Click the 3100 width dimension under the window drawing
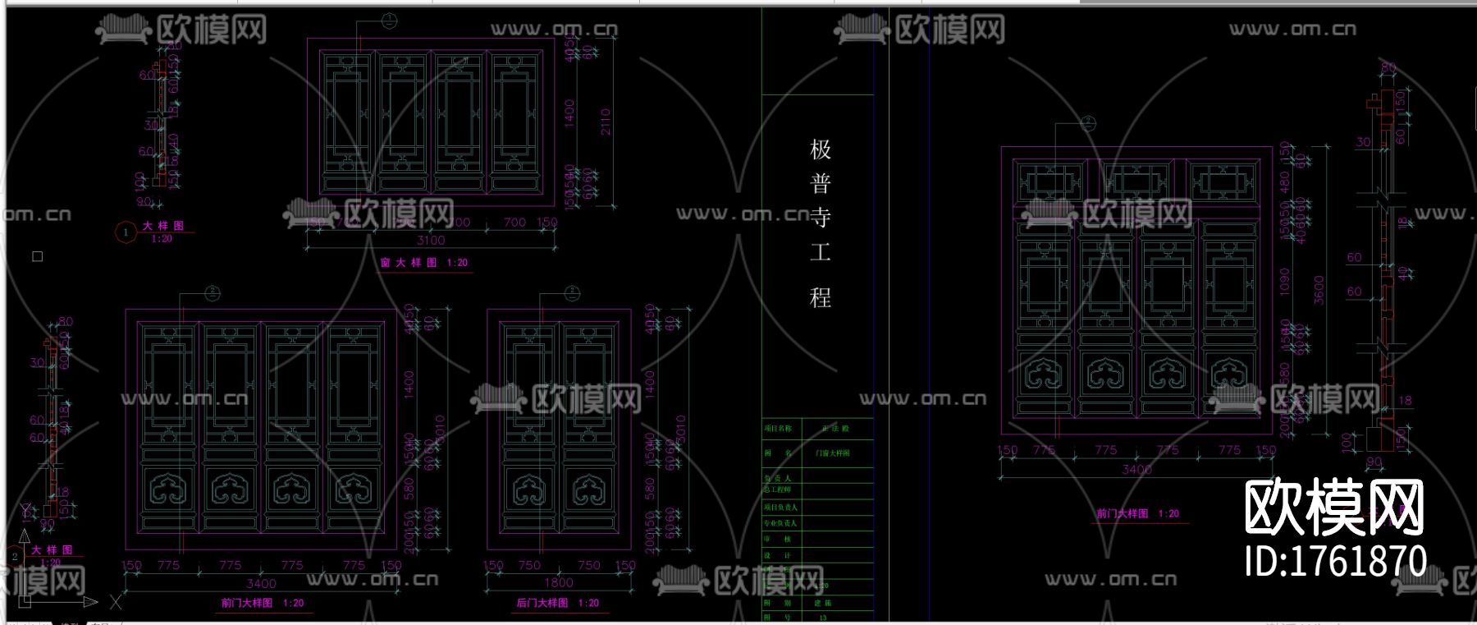tap(431, 241)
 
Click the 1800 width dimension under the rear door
tap(559, 582)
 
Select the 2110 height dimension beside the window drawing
tap(606, 122)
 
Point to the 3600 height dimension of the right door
tap(1319, 290)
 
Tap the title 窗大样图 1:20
tap(423, 263)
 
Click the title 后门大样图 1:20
tap(557, 603)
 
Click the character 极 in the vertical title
tap(821, 149)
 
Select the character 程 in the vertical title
tap(821, 297)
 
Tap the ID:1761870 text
tap(1336, 562)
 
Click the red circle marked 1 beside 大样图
tap(126, 232)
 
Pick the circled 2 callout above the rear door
tap(572, 292)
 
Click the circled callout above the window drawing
tap(390, 21)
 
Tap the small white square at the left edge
tap(37, 256)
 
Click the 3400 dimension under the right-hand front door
tap(1136, 470)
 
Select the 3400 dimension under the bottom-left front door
tap(261, 583)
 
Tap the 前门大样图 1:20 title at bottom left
tap(262, 603)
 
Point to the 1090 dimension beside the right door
tap(1285, 282)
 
